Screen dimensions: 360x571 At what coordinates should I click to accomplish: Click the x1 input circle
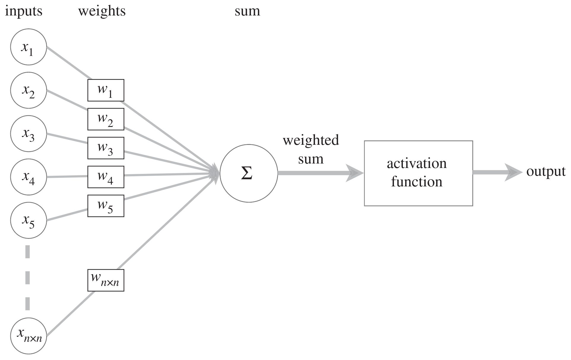click(x=29, y=47)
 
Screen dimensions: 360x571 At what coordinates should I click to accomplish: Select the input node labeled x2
click(x=29, y=90)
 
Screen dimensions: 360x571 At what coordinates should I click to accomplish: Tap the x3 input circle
click(x=29, y=134)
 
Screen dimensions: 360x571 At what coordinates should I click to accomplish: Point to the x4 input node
click(x=29, y=177)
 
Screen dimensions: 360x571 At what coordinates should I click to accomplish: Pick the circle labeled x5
click(x=29, y=220)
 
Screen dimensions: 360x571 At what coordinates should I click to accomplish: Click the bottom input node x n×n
click(x=29, y=336)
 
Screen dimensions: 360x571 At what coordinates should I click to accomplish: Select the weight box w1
click(x=106, y=90)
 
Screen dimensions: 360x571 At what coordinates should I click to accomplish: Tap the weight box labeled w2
click(x=106, y=119)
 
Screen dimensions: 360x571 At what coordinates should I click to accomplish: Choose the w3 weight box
click(x=106, y=148)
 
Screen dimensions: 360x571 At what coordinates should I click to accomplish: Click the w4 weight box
click(x=106, y=177)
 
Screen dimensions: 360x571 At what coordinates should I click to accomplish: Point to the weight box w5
click(x=106, y=206)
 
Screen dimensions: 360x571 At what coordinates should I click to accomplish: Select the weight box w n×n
click(x=106, y=280)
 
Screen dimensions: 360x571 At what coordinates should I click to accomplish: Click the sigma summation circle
click(x=249, y=174)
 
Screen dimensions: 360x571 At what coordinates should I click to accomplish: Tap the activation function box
click(x=418, y=173)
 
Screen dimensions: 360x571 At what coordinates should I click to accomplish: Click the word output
click(x=546, y=172)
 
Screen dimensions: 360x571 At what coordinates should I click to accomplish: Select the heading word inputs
click(x=24, y=11)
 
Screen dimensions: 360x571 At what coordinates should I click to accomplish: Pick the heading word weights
click(x=102, y=11)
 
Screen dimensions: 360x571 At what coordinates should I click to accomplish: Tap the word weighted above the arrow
click(x=311, y=140)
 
